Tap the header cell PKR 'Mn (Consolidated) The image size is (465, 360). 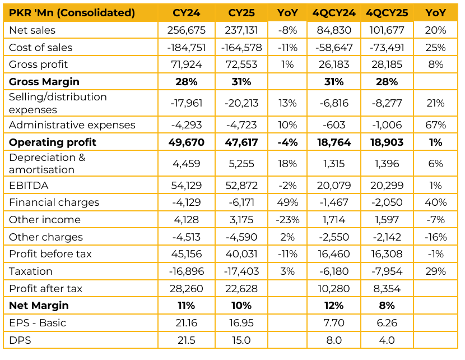(72, 13)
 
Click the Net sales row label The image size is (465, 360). (32, 30)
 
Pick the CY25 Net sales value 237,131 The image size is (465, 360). (241, 30)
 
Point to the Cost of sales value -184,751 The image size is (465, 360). (184, 48)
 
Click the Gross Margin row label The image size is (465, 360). (44, 82)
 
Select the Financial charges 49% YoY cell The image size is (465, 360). (288, 202)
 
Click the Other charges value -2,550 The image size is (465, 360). (335, 237)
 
